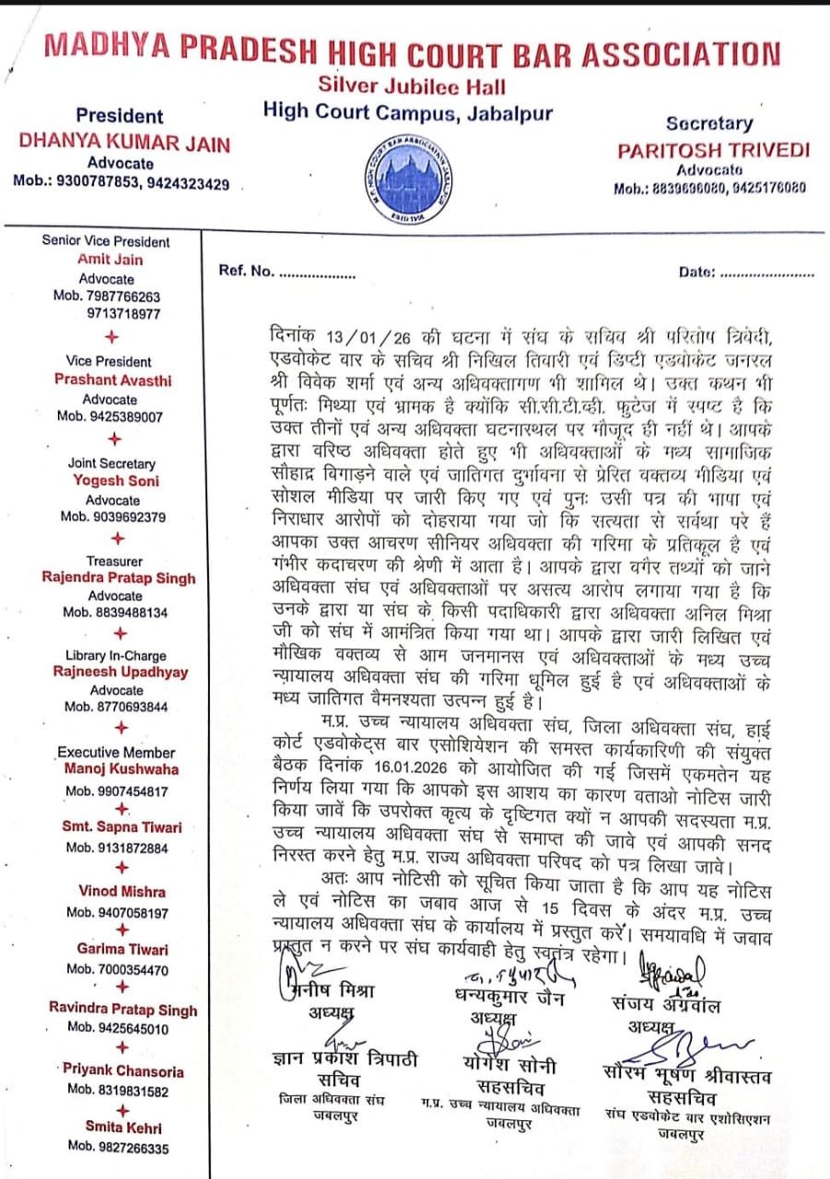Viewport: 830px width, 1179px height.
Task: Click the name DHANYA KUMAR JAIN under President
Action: click(125, 144)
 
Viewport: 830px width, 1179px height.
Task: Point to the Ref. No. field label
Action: click(247, 272)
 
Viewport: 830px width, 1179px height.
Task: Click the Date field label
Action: click(696, 272)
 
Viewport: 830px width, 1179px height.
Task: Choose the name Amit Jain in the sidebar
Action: click(111, 260)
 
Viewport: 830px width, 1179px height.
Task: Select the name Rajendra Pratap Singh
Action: click(119, 578)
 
